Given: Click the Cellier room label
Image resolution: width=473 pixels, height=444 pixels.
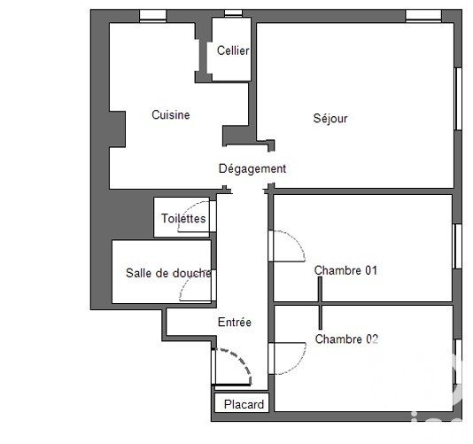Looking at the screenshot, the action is [233, 51].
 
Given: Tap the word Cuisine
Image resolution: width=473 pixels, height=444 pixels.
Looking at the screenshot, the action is [171, 114].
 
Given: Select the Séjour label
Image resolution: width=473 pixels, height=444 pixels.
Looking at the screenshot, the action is [330, 119].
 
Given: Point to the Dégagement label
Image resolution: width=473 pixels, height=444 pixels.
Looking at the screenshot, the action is [252, 168].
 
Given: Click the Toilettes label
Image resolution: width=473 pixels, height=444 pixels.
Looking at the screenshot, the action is [183, 218].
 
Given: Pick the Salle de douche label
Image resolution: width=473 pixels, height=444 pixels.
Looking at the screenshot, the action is [168, 273].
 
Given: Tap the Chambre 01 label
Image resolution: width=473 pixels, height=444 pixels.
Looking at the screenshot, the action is [345, 270].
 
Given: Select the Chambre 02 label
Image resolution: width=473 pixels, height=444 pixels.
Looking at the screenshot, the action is [346, 339].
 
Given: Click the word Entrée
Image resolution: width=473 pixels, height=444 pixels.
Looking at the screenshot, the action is [235, 322].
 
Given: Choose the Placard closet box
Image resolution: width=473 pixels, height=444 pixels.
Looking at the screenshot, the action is [242, 402].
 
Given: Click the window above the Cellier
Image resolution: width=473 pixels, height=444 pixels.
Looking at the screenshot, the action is [234, 12].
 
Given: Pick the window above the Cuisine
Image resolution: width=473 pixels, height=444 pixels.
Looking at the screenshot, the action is [153, 15].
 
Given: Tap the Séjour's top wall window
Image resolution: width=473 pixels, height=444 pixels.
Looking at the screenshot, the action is [423, 15].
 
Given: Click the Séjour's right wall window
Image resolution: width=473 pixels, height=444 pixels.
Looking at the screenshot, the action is [458, 98].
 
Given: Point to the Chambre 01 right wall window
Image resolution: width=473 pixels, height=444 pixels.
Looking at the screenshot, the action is [458, 246].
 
